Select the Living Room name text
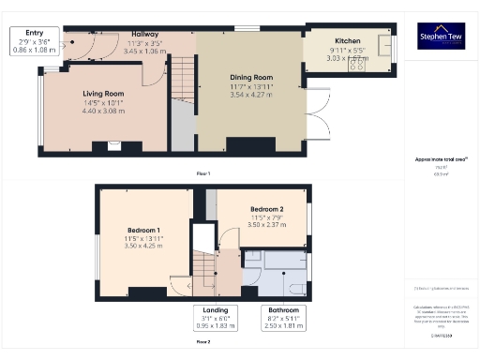tap(103, 94)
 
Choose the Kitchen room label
tap(348, 42)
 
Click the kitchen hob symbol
tap(357, 62)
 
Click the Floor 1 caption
tap(202, 174)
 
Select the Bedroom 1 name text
tap(144, 230)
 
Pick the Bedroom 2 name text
tap(265, 209)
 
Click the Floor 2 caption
tap(202, 342)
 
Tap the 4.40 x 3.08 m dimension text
tap(103, 111)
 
